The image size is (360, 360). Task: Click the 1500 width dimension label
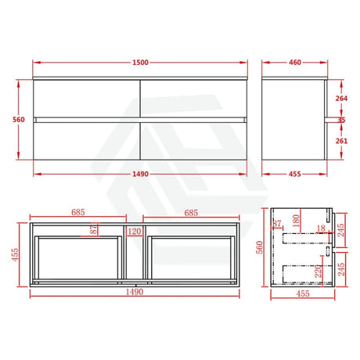click(140, 63)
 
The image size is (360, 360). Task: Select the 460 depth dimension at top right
click(295, 63)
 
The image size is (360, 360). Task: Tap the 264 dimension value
click(341, 99)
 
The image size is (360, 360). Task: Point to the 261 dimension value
click(341, 141)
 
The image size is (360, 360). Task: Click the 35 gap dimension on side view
click(341, 120)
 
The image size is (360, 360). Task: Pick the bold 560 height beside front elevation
click(19, 120)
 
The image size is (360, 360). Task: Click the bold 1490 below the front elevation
click(140, 174)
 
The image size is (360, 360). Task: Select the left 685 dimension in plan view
click(78, 212)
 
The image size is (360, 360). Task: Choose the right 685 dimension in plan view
click(191, 213)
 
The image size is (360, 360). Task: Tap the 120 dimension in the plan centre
click(135, 232)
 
